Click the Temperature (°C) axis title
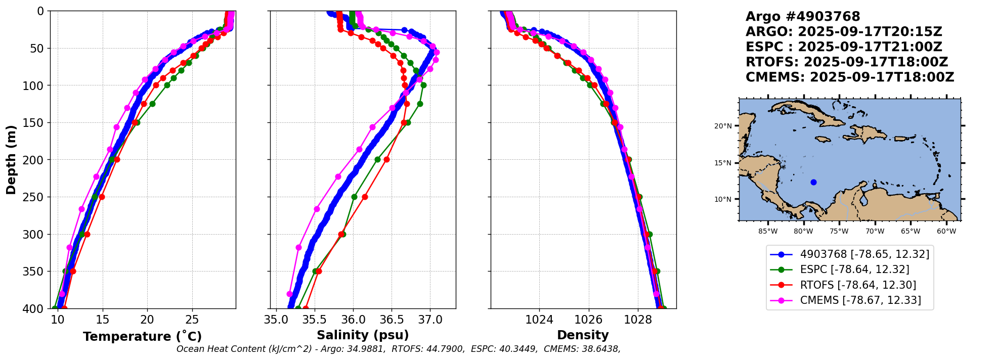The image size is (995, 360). pyautogui.click(x=143, y=336)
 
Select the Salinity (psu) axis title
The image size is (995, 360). pyautogui.click(x=363, y=335)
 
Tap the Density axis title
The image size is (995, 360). pyautogui.click(x=583, y=335)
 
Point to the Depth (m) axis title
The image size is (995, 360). pyautogui.click(x=11, y=160)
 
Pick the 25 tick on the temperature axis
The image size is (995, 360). pyautogui.click(x=192, y=320)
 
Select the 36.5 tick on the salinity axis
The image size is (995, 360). pyautogui.click(x=392, y=320)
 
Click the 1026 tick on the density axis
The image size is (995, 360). pyautogui.click(x=589, y=320)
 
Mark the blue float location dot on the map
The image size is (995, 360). pyautogui.click(x=813, y=182)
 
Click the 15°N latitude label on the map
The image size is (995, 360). pyautogui.click(x=723, y=163)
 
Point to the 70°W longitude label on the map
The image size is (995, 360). pyautogui.click(x=875, y=232)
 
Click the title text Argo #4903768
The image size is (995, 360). pyautogui.click(x=803, y=17)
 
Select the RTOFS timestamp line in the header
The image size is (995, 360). pyautogui.click(x=847, y=62)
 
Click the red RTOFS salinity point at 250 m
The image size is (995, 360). pyautogui.click(x=365, y=197)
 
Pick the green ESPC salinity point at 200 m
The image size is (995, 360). pyautogui.click(x=377, y=159)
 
